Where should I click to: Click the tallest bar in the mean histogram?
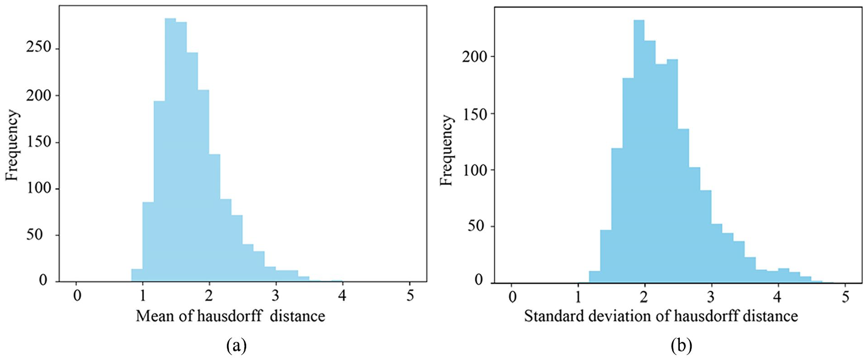170,150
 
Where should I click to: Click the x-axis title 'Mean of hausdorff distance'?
230,316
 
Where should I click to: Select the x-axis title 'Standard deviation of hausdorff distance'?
661,316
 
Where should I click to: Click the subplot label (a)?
236,346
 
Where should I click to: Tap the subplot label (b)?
681,346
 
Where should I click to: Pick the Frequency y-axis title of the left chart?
13,145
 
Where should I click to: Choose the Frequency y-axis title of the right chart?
447,151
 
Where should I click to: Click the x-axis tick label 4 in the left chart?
342,296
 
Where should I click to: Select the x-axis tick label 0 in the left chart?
77,296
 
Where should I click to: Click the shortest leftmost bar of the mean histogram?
137,275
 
